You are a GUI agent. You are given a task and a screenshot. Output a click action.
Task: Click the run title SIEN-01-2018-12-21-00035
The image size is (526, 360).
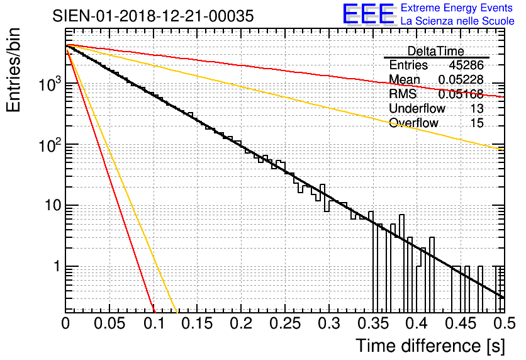click(x=154, y=16)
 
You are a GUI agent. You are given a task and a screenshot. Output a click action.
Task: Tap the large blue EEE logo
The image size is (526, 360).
click(x=368, y=14)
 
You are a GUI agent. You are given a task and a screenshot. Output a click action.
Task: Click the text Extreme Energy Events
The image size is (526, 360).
click(x=457, y=8)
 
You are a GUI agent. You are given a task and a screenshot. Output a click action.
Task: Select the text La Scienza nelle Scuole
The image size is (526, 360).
click(x=457, y=21)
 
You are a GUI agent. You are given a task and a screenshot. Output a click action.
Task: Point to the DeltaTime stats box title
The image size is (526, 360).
click(x=436, y=51)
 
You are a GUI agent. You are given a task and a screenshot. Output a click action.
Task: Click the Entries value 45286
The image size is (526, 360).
click(x=466, y=65)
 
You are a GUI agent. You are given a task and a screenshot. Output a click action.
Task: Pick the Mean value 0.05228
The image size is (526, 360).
click(x=461, y=79)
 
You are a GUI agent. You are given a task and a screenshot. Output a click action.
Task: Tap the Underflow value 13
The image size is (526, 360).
click(x=477, y=108)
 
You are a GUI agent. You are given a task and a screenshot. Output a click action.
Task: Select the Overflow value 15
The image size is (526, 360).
click(x=477, y=123)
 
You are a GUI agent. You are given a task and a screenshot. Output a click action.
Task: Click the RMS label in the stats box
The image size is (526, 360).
click(x=402, y=94)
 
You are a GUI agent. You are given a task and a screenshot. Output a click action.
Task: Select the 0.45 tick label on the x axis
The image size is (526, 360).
click(x=459, y=323)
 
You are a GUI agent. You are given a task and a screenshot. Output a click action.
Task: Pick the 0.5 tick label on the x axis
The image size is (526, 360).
click(x=503, y=323)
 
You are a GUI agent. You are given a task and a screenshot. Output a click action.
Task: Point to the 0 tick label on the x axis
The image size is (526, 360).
click(x=65, y=323)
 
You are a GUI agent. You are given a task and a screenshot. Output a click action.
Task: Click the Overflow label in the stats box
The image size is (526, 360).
click(x=413, y=123)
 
